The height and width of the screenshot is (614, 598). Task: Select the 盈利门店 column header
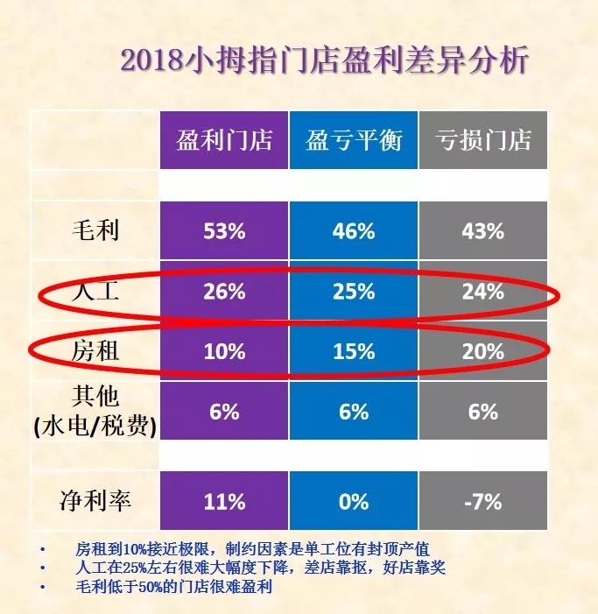coord(224,141)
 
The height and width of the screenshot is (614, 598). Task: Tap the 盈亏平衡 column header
coord(354,141)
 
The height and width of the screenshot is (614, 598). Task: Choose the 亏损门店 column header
coord(483,141)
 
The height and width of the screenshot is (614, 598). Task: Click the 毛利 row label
coord(95,231)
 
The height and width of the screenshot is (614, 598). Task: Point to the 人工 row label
coord(95,292)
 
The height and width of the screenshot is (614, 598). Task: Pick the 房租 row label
coord(95,351)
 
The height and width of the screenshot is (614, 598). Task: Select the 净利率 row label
coord(95,502)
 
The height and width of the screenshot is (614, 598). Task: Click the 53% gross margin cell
coord(224,231)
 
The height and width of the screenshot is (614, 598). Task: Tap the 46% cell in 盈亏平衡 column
coord(354,231)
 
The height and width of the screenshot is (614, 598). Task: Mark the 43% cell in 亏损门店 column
coord(483,231)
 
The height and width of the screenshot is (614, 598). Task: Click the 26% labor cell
coord(224,292)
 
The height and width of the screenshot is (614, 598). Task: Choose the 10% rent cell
coord(224,351)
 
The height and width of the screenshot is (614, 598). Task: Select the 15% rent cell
coord(354,351)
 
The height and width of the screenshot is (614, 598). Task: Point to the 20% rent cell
coord(483,351)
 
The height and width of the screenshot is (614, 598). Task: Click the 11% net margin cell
coord(224,502)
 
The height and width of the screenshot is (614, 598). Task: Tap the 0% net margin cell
coord(354,502)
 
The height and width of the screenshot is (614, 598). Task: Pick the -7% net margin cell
coord(483,502)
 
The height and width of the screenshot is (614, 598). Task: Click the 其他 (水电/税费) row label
coord(95,411)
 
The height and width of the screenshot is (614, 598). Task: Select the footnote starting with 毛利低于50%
coord(175,587)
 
